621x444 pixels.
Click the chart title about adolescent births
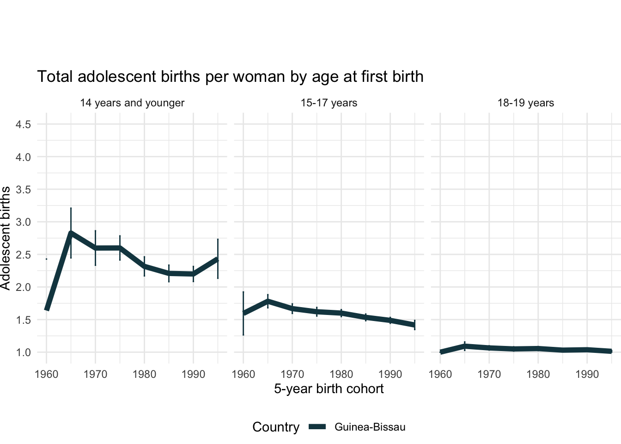pyautogui.click(x=230, y=76)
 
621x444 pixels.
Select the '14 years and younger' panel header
pyautogui.click(x=132, y=103)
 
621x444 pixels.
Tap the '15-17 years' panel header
pyautogui.click(x=329, y=103)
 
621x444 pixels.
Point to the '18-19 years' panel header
pyautogui.click(x=525, y=103)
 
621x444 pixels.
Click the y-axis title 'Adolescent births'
pyautogui.click(x=6, y=238)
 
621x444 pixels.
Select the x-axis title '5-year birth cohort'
pyautogui.click(x=329, y=388)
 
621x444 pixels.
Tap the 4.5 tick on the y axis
pyautogui.click(x=23, y=124)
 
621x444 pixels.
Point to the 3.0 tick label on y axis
pyautogui.click(x=23, y=222)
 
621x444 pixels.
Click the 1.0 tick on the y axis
pyautogui.click(x=23, y=352)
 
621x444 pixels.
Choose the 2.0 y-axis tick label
pyautogui.click(x=23, y=287)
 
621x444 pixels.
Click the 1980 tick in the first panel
pyautogui.click(x=144, y=374)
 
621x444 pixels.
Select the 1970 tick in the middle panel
pyautogui.click(x=292, y=374)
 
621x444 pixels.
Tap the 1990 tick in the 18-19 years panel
pyautogui.click(x=587, y=374)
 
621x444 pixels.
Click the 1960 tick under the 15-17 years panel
pyautogui.click(x=243, y=374)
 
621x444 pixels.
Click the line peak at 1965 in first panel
pyautogui.click(x=71, y=233)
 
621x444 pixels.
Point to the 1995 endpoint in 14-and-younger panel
pyautogui.click(x=218, y=259)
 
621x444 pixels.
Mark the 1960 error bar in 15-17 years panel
pyautogui.click(x=243, y=313)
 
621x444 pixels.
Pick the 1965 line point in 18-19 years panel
pyautogui.click(x=465, y=346)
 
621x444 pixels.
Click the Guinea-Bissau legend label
pyautogui.click(x=370, y=427)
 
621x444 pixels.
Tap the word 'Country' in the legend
pyautogui.click(x=276, y=427)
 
